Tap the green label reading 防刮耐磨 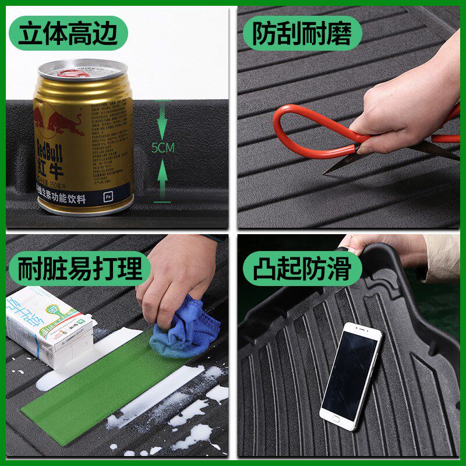(302, 34)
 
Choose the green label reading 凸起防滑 (302, 269)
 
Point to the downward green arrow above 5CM (163, 122)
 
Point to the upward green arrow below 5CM (163, 178)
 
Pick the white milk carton (50, 326)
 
